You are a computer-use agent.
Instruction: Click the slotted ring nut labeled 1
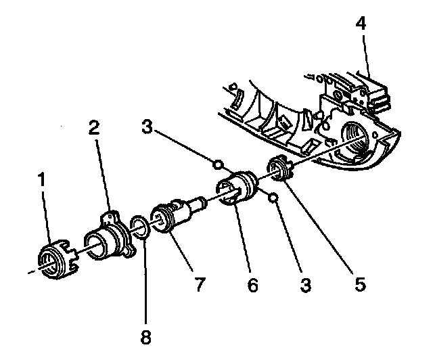(55, 259)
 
